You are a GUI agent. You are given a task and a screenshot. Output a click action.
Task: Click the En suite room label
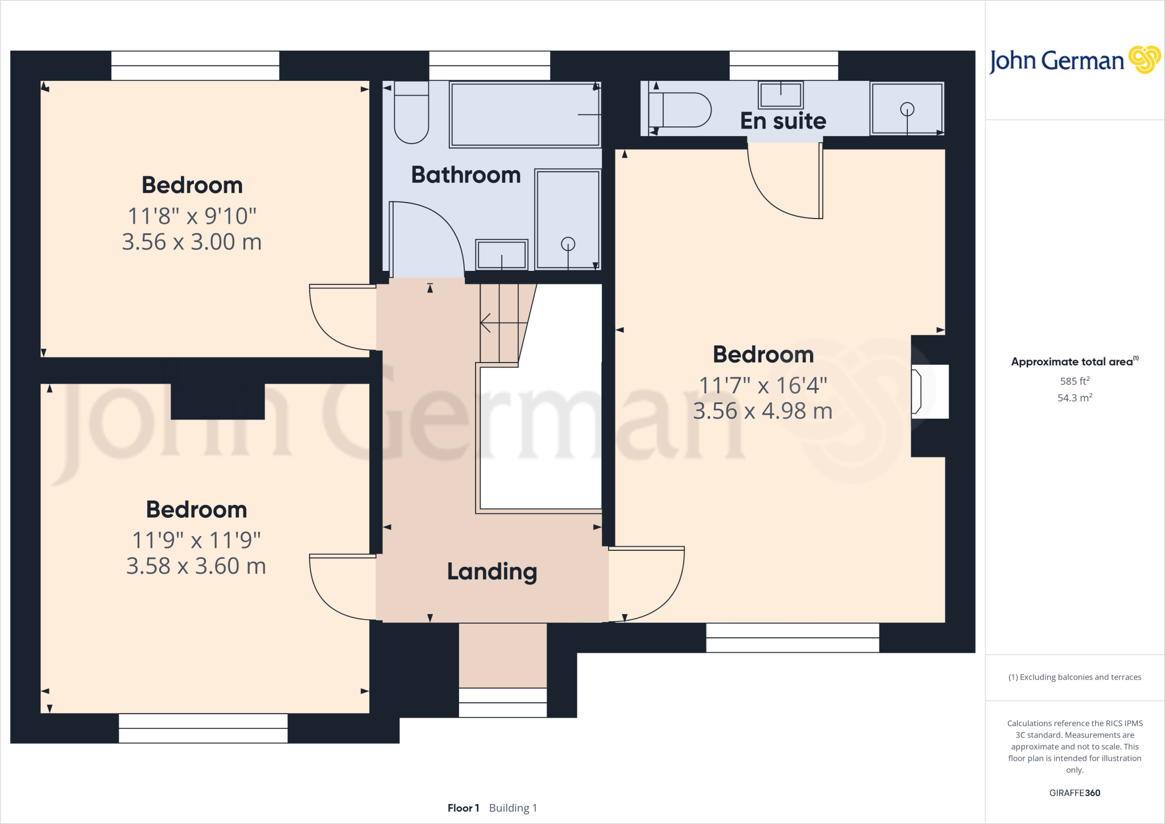tap(783, 121)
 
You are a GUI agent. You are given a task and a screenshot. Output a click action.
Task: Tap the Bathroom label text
tap(465, 175)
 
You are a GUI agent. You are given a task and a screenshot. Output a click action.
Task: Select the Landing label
tap(492, 571)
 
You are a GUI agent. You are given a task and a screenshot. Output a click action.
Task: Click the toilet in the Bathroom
tap(411, 114)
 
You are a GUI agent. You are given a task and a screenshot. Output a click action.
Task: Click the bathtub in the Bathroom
tap(524, 114)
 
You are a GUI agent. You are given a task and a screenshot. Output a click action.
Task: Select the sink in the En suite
tap(780, 94)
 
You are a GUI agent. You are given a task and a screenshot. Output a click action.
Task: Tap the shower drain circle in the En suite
tap(907, 109)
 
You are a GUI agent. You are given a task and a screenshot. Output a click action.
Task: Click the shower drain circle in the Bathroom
tap(568, 244)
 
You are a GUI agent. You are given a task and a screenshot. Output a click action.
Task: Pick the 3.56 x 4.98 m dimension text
tap(762, 411)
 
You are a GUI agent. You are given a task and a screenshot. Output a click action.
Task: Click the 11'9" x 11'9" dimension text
tap(196, 540)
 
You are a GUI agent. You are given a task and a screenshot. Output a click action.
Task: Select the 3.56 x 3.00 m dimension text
tap(192, 242)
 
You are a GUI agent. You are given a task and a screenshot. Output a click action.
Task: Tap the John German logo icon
tap(1145, 60)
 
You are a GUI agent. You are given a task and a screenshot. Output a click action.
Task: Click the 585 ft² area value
tap(1074, 381)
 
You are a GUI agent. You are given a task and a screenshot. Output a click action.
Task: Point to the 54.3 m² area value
tap(1074, 398)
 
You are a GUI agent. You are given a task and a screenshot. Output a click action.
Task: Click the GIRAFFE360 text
tap(1074, 793)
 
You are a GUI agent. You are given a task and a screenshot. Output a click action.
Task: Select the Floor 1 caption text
tap(463, 808)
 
